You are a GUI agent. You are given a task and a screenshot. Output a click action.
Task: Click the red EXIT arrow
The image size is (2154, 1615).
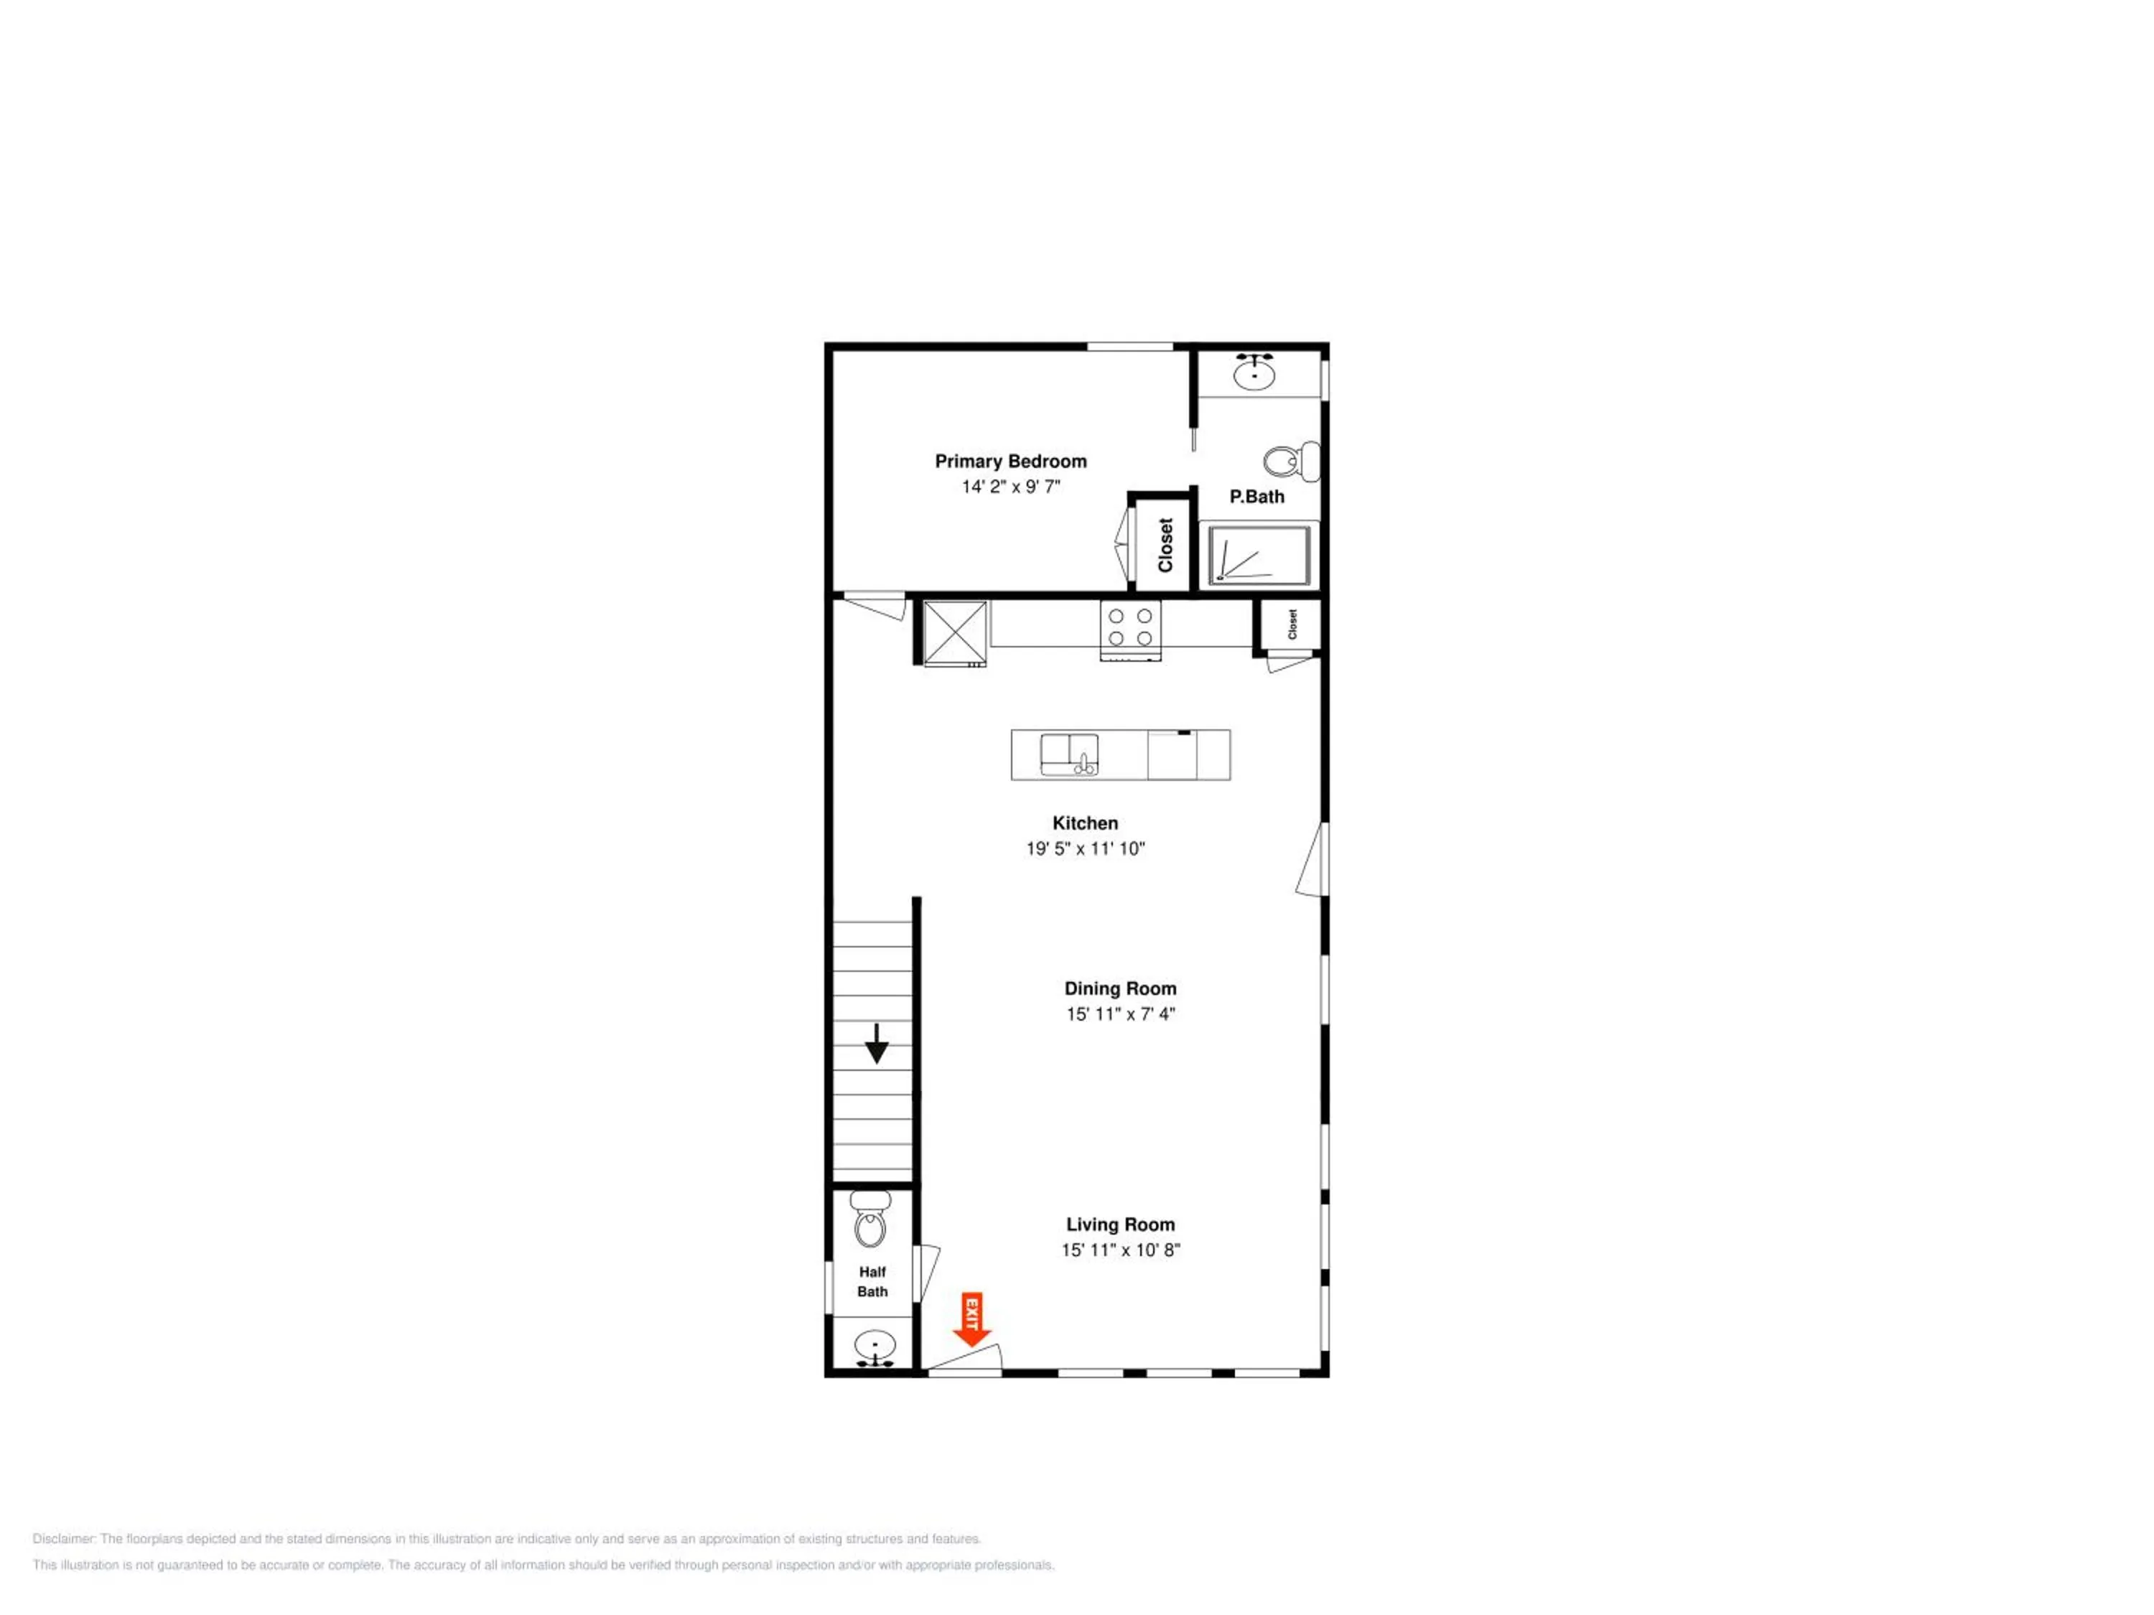pyautogui.click(x=971, y=1319)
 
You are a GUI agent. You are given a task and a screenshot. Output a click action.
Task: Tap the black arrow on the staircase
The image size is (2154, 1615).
pyautogui.click(x=877, y=1044)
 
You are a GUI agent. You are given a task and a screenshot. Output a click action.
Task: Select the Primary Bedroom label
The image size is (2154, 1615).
pyautogui.click(x=1011, y=462)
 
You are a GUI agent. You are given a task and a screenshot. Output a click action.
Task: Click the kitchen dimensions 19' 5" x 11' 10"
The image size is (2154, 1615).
pyautogui.click(x=1085, y=848)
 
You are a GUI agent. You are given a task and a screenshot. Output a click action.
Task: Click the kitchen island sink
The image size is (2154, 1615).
pyautogui.click(x=1069, y=755)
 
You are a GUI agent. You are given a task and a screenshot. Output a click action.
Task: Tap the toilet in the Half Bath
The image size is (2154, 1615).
pyautogui.click(x=869, y=1218)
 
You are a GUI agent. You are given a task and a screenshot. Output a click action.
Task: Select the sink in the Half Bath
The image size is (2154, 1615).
pyautogui.click(x=875, y=1348)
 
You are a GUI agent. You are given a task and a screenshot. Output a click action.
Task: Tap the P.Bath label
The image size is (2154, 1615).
pyautogui.click(x=1256, y=497)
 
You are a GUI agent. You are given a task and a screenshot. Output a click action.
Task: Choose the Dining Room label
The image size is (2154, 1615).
pyautogui.click(x=1120, y=988)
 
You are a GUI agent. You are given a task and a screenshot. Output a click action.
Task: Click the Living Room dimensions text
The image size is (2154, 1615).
pyautogui.click(x=1120, y=1250)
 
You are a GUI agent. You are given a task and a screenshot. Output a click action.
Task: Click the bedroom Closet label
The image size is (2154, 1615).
pyautogui.click(x=1165, y=545)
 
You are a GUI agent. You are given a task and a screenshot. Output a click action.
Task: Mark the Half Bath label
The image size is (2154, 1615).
pyautogui.click(x=872, y=1281)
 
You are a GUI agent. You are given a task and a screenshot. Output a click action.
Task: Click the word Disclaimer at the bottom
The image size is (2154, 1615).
pyautogui.click(x=65, y=1539)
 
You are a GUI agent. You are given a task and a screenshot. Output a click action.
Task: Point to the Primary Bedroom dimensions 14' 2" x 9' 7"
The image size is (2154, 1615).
pyautogui.click(x=1011, y=487)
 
